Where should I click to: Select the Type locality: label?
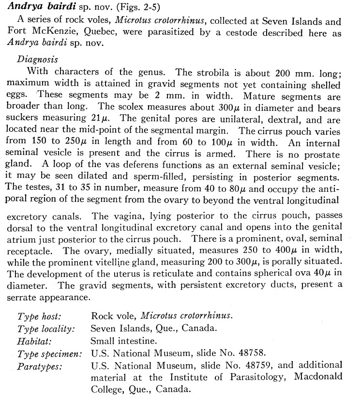(46, 329)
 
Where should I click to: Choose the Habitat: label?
(34, 340)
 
